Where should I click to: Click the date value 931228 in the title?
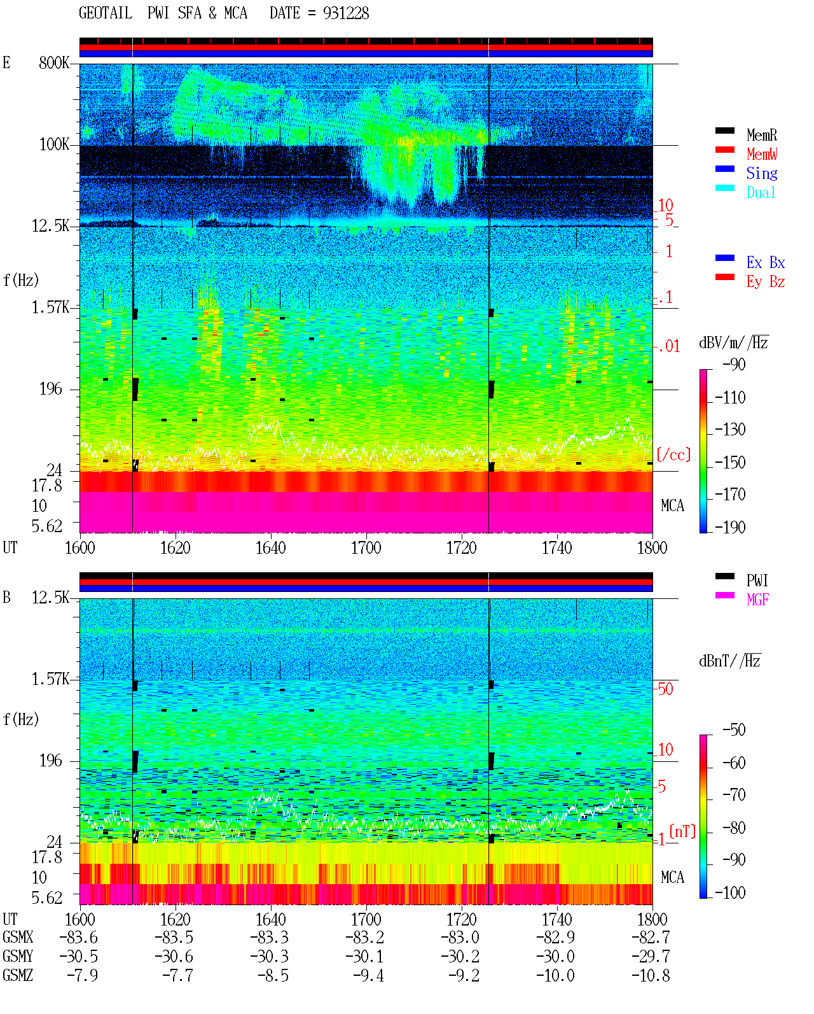coord(345,13)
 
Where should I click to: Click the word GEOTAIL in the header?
coord(106,13)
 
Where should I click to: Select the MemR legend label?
coord(762,135)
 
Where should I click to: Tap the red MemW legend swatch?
coord(724,150)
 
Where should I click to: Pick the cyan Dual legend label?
coord(761,192)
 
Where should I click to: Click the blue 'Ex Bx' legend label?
coord(766,262)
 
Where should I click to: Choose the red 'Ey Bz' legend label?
coord(766,282)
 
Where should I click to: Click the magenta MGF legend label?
coord(758,600)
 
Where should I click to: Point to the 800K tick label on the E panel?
coord(54,62)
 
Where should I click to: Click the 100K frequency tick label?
coord(54,144)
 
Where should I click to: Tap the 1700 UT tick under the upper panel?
coord(366,548)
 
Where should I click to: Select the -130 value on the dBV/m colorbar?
coord(730,430)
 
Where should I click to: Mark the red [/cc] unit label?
coord(673,454)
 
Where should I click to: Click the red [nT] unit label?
coord(682,831)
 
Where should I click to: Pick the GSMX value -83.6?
coord(79,938)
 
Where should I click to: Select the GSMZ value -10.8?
coord(651,976)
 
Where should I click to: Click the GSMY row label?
coord(18,957)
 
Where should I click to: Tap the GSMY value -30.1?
coord(365,957)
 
